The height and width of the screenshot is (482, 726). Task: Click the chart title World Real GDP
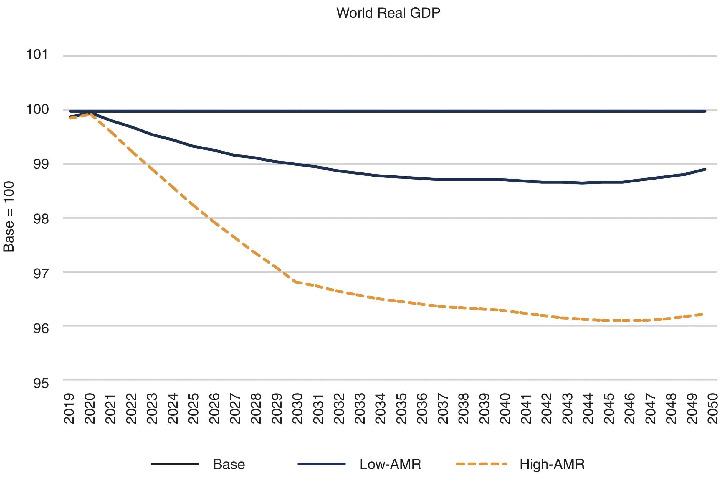click(x=388, y=13)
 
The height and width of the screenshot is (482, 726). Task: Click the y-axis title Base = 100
click(x=9, y=217)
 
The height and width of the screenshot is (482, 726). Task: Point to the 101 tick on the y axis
click(x=37, y=55)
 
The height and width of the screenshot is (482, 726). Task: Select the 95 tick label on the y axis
click(x=41, y=383)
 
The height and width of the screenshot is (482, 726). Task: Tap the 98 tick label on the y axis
click(x=41, y=219)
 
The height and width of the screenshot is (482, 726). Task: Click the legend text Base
click(x=229, y=464)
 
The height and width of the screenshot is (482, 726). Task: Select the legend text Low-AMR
click(x=390, y=464)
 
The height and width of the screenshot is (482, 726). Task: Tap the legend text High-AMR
click(x=552, y=464)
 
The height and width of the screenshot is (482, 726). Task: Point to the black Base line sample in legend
click(x=175, y=464)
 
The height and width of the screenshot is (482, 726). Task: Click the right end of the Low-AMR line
click(x=705, y=170)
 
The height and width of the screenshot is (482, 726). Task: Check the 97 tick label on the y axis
click(x=41, y=274)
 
